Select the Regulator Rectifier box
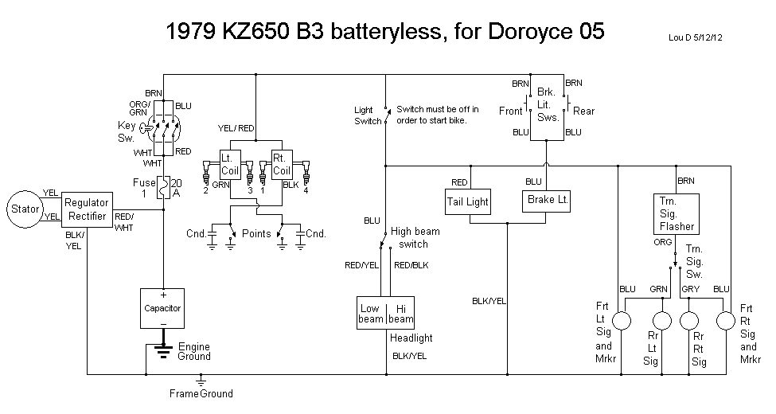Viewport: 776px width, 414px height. point(87,210)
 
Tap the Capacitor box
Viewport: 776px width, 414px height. point(162,308)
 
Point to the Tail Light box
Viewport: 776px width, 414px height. point(469,202)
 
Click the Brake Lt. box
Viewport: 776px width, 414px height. point(546,200)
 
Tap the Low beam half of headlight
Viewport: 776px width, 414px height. point(370,314)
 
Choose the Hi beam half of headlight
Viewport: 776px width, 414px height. point(400,314)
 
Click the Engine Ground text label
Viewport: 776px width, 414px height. point(194,352)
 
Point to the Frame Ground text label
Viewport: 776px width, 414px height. point(201,393)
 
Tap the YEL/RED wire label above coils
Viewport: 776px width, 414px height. point(236,128)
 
